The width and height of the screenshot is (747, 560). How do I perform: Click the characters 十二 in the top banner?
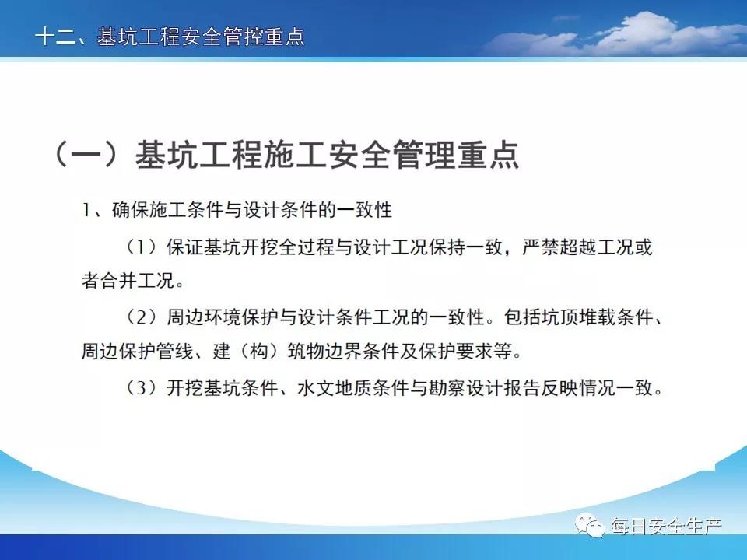click(x=55, y=37)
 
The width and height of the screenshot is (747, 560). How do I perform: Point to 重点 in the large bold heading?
click(x=489, y=154)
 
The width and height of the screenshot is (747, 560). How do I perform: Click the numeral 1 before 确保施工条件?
click(x=86, y=210)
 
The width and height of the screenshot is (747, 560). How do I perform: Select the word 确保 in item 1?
click(x=131, y=210)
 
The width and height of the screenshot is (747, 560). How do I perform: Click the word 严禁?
click(x=540, y=247)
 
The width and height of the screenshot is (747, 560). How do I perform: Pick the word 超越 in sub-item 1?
click(x=577, y=247)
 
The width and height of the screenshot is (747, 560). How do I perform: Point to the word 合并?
click(x=119, y=281)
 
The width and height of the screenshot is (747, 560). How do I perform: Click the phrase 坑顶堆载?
click(x=559, y=317)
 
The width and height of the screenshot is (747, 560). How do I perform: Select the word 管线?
click(x=175, y=352)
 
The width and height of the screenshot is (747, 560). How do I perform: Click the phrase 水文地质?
click(x=335, y=387)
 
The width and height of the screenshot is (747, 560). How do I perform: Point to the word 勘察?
click(x=447, y=387)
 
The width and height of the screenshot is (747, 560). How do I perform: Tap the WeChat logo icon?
click(x=590, y=525)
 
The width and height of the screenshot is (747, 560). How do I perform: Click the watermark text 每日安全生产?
click(x=666, y=527)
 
